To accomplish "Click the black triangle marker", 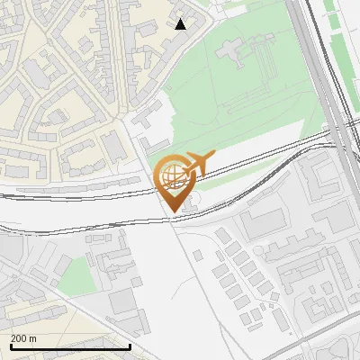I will click(181, 23).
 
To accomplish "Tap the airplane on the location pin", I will click(199, 163).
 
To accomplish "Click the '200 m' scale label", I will click(23, 338).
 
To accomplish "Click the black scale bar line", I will click(69, 346).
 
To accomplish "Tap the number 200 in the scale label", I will click(19, 338).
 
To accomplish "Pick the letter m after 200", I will click(32, 338).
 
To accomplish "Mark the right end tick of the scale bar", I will click(130, 346).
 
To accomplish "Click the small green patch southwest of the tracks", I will click(81, 274).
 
